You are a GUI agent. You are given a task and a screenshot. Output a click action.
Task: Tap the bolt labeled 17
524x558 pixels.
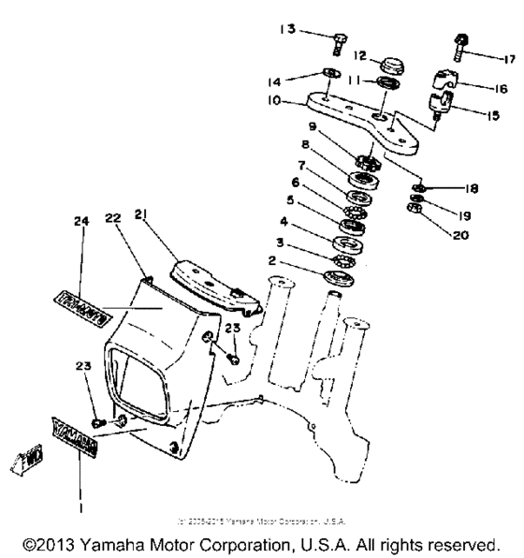click(x=462, y=42)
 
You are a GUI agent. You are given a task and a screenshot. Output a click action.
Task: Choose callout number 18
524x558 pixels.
click(x=470, y=188)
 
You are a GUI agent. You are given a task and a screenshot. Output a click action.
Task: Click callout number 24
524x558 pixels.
click(x=80, y=222)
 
